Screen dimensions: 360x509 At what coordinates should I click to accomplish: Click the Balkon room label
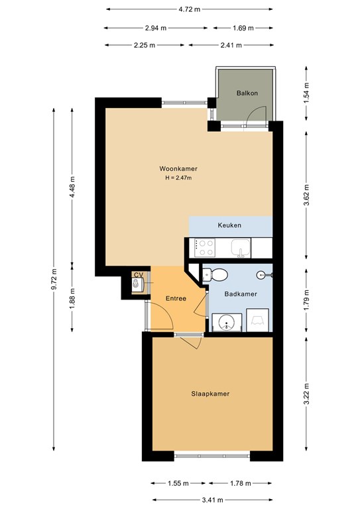pyautogui.click(x=247, y=93)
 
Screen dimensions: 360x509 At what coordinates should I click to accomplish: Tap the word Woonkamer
pyautogui.click(x=178, y=169)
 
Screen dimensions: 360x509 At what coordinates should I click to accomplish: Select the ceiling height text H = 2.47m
pyautogui.click(x=178, y=178)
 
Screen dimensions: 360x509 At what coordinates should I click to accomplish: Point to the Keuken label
pyautogui.click(x=229, y=225)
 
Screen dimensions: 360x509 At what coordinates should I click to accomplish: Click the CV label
pyautogui.click(x=139, y=275)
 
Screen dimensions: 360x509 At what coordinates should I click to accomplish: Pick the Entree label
pyautogui.click(x=176, y=298)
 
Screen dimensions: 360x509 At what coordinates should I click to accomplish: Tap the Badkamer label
pyautogui.click(x=241, y=294)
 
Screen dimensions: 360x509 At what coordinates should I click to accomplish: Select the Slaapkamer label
pyautogui.click(x=210, y=394)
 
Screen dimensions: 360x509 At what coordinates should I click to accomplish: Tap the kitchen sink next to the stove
pyautogui.click(x=241, y=248)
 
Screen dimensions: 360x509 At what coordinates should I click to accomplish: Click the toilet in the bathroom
pyautogui.click(x=215, y=275)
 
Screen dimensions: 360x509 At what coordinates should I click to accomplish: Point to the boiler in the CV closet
pyautogui.click(x=138, y=285)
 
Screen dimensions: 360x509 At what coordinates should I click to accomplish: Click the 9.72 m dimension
pyautogui.click(x=54, y=279)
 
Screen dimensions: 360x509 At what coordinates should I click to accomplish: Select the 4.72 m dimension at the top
pyautogui.click(x=190, y=9)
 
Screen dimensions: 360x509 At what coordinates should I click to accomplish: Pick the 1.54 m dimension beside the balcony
pyautogui.click(x=306, y=93)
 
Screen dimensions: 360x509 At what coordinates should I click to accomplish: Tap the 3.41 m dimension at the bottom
pyautogui.click(x=212, y=500)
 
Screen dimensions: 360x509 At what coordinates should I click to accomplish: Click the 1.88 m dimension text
pyautogui.click(x=72, y=298)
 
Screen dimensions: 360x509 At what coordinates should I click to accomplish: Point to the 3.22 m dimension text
pyautogui.click(x=306, y=394)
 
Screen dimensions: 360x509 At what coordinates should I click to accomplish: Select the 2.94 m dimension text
pyautogui.click(x=156, y=28)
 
